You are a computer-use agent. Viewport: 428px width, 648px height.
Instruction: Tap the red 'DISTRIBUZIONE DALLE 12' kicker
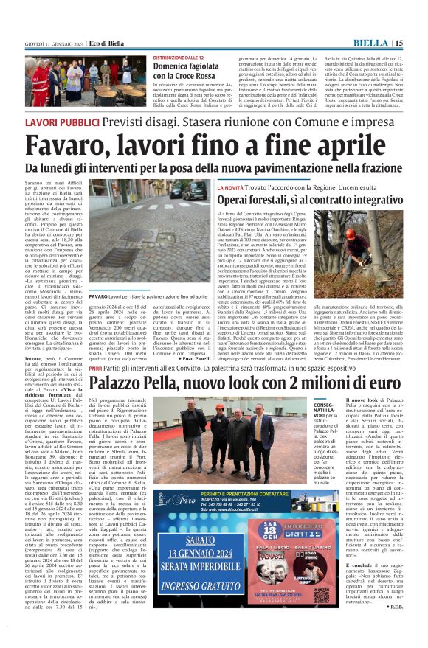[x=178, y=57]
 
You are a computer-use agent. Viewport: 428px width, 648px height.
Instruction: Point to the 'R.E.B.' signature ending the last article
[x=393, y=606]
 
